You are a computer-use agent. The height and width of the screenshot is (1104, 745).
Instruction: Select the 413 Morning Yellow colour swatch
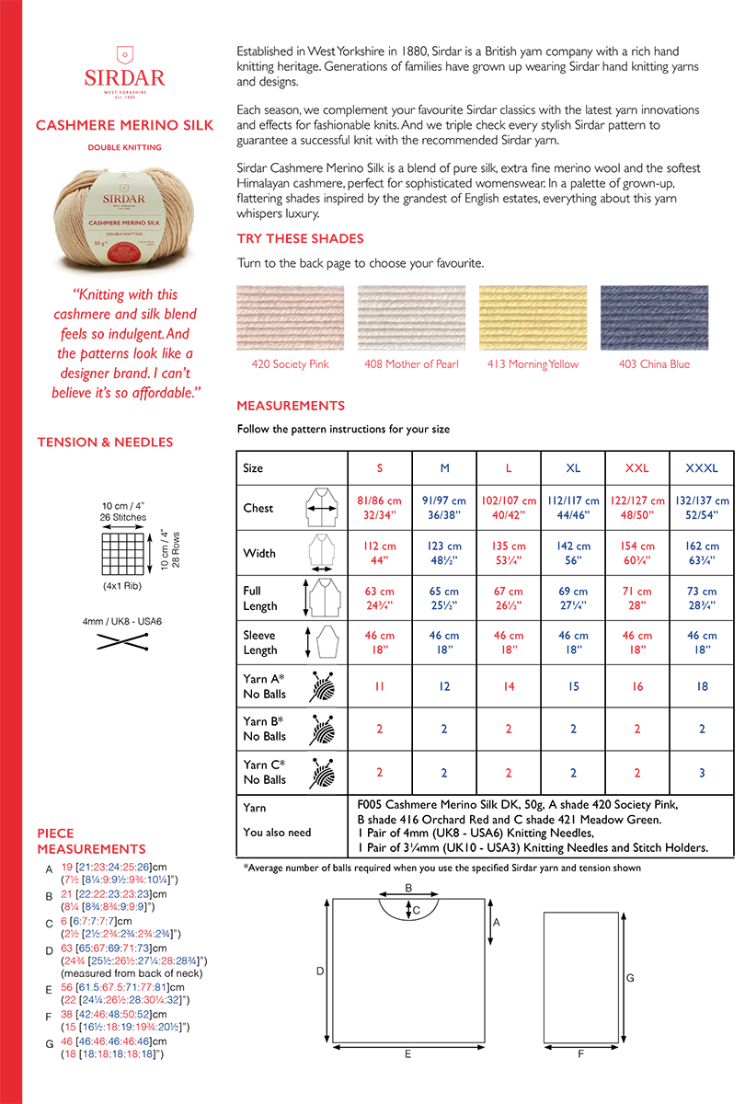tap(533, 317)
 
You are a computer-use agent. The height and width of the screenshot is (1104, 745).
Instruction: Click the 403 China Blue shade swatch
tap(654, 317)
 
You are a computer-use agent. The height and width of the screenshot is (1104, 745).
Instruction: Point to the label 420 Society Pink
tap(290, 364)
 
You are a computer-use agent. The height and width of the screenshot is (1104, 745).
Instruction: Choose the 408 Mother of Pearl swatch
tap(411, 317)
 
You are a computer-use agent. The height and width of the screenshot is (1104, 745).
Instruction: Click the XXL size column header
tap(637, 468)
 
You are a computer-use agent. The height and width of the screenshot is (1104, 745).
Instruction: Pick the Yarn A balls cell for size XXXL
tap(702, 686)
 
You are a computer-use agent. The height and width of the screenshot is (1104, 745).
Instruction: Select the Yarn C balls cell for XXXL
tap(702, 773)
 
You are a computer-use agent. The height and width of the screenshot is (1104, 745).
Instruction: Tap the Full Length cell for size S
tap(380, 599)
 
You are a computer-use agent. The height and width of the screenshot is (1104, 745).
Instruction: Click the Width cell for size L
tap(509, 554)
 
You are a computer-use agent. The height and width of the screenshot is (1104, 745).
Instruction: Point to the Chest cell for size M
tap(444, 509)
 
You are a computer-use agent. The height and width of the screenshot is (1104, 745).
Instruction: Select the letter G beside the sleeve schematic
tap(630, 978)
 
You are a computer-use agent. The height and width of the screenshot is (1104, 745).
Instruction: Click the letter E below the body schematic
tap(407, 1054)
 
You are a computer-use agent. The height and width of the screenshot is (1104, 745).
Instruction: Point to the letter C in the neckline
tap(417, 910)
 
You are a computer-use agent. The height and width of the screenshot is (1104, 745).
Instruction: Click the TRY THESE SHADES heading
tap(300, 239)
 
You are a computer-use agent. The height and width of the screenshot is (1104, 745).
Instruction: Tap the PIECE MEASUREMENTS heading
tap(91, 842)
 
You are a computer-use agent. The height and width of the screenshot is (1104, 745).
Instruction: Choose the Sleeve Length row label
tap(260, 643)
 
